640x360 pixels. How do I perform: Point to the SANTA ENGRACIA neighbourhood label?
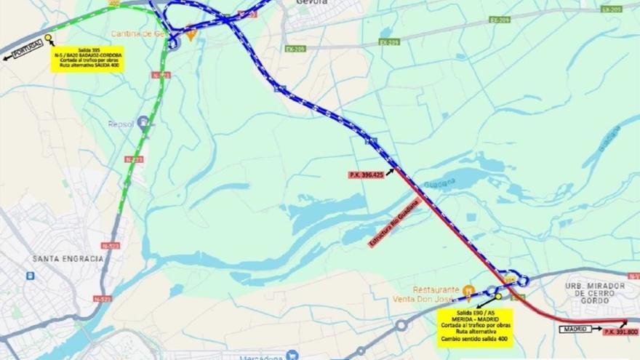pyautogui.click(x=67, y=259)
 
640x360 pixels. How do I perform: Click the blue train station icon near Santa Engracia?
pyautogui.click(x=31, y=276)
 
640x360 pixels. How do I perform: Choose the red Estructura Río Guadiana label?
pyautogui.click(x=395, y=223)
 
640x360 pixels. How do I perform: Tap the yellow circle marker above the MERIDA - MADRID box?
pyautogui.click(x=498, y=296)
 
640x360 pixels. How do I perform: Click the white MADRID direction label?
pyautogui.click(x=574, y=329)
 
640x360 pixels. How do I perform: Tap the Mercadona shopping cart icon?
pyautogui.click(x=292, y=356)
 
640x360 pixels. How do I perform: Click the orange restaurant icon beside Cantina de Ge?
pyautogui.click(x=191, y=33)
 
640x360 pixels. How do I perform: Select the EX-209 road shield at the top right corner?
pyautogui.click(x=611, y=9)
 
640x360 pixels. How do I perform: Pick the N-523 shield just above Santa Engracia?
pyautogui.click(x=111, y=246)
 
